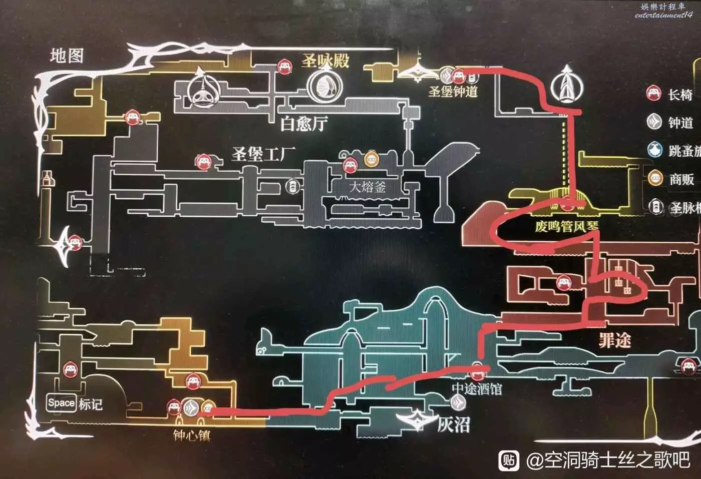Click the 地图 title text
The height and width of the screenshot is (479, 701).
point(67,56)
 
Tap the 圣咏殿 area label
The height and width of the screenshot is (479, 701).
point(325,61)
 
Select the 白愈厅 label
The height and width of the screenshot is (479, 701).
point(304,123)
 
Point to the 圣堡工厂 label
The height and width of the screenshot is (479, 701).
point(263,154)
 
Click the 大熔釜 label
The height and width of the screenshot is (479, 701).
point(368,187)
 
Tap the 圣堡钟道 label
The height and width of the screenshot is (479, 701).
point(453,92)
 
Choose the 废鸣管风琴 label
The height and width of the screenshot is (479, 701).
point(566,227)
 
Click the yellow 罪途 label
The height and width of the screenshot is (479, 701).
point(614,341)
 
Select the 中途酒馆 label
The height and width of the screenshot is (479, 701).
point(477,388)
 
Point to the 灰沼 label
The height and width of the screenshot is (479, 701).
point(454,425)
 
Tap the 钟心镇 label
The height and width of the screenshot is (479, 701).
point(192,435)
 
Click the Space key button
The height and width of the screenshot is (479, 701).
point(61,403)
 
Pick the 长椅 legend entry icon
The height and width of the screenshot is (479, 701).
point(654,94)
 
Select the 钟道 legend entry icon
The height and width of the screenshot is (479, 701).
point(654,122)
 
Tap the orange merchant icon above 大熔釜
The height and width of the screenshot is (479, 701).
point(371,160)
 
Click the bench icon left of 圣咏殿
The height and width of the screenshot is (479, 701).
point(285,67)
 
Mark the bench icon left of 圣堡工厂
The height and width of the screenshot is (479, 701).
point(203,161)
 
